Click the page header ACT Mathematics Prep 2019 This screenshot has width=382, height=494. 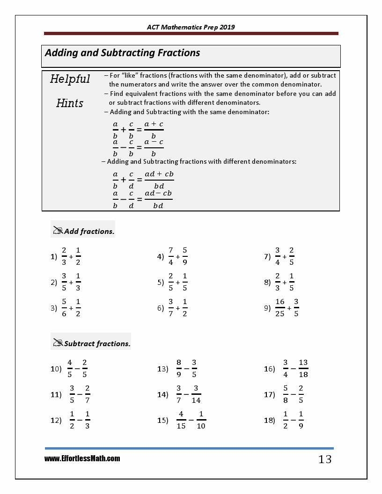pos(191,27)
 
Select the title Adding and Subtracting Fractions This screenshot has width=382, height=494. pos(122,53)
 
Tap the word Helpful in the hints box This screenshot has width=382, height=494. pos(70,79)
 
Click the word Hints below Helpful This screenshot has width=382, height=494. pos(70,103)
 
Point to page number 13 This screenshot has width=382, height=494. pos(325,459)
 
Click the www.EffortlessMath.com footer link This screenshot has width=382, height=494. pos(82,459)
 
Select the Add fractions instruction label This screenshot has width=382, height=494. pos(89,231)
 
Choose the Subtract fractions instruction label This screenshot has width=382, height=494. pos(97,344)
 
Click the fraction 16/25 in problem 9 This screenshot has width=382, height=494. pos(280,308)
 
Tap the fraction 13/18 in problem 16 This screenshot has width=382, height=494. pos(303,369)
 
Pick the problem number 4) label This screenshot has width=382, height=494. pos(160,256)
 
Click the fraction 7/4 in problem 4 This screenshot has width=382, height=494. pos(171,256)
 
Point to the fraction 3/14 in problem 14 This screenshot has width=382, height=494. pos(196,394)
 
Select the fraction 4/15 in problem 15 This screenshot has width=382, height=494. pos(181,420)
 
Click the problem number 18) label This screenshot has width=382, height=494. pos(270,420)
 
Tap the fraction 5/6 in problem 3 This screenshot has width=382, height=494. pos(64,308)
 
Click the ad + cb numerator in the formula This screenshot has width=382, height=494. pos(159,174)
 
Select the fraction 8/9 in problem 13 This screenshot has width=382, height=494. pos(179,369)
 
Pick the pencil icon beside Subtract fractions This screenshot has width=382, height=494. pos(58,343)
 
